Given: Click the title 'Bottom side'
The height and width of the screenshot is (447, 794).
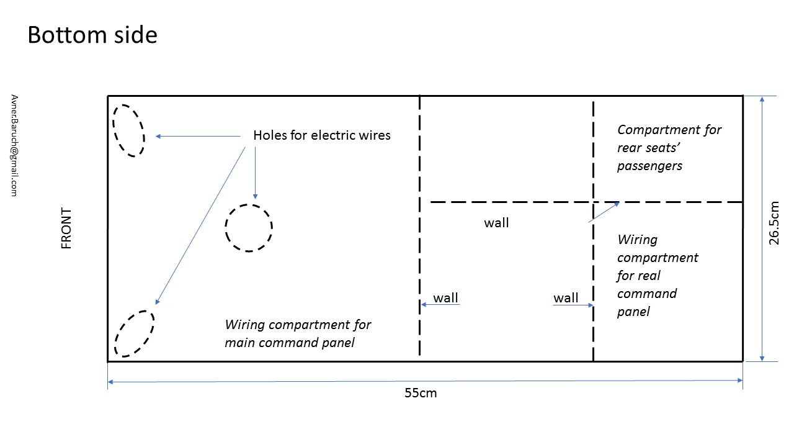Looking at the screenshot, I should point(92,35).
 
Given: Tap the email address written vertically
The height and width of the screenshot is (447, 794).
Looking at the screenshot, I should point(14,146).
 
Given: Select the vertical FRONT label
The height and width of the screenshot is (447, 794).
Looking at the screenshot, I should point(66,228).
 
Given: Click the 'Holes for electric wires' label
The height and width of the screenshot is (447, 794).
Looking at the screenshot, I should point(322,135).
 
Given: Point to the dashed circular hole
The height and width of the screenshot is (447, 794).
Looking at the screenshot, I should point(248,227).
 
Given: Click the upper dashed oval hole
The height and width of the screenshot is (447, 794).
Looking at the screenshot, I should point(128,130).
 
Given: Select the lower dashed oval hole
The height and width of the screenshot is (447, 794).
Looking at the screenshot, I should point(134,333).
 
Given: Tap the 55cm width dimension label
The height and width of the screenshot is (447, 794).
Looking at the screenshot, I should point(421,393).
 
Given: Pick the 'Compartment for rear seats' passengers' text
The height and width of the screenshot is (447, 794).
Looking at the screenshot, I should point(669,148).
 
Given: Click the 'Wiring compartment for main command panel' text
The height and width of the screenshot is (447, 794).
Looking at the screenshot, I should point(298,333).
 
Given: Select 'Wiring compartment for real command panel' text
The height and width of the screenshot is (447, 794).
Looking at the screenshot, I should point(657,275).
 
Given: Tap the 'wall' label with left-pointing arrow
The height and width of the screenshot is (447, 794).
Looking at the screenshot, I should point(445,298).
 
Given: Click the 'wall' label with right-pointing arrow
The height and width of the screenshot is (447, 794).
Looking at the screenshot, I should point(566,298).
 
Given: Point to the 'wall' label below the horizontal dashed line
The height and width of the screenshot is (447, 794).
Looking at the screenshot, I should point(496,223).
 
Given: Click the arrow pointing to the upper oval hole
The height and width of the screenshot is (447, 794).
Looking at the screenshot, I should point(197,136).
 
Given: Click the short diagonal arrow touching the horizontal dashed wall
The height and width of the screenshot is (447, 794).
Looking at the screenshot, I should point(604,212).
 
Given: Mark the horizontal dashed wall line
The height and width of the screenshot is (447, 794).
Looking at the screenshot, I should point(509,202).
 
